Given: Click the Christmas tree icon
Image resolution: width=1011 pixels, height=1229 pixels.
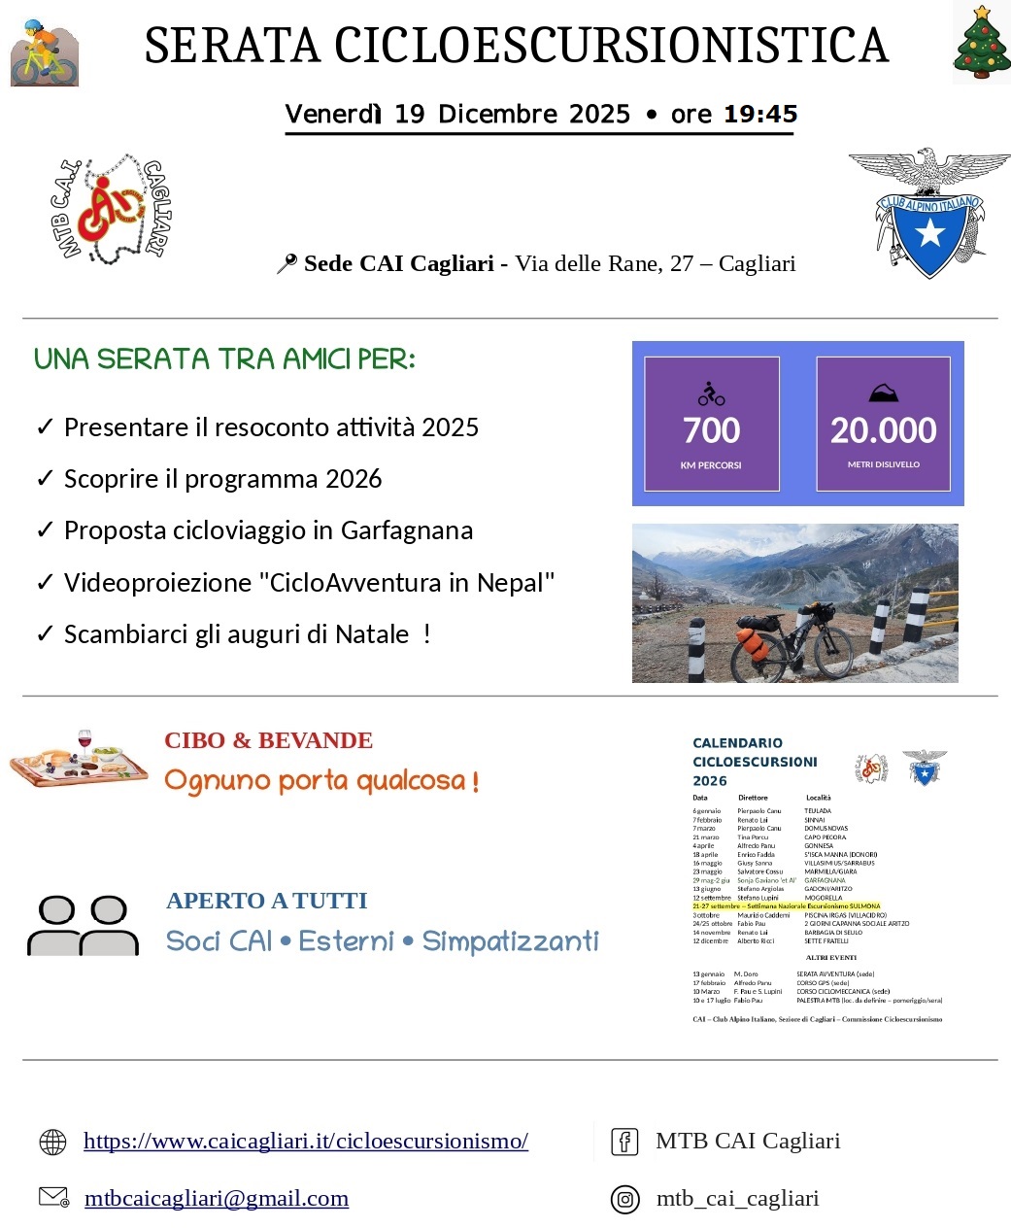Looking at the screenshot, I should (x=982, y=43).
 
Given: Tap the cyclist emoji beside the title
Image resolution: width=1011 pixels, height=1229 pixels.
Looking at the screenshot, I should (x=44, y=52).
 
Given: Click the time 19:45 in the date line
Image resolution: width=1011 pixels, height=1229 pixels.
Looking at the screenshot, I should (x=760, y=114).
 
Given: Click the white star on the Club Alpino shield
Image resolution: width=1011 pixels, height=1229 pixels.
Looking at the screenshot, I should (x=929, y=232).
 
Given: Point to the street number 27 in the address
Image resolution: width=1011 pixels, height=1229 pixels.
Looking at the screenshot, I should (x=682, y=263).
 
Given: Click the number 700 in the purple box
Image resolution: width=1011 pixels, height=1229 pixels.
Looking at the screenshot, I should (x=711, y=430).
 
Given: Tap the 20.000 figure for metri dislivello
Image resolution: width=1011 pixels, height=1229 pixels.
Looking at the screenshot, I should (x=883, y=430).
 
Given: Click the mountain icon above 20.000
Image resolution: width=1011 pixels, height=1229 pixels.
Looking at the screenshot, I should (x=883, y=393).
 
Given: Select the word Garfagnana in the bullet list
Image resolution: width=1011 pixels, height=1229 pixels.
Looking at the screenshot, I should (x=407, y=530).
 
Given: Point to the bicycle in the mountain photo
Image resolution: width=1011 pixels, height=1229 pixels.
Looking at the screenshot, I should (x=792, y=645).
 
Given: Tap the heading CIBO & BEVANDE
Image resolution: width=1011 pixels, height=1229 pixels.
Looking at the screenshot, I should (x=268, y=740).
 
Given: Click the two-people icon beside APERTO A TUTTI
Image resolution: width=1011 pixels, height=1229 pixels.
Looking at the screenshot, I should (x=84, y=926).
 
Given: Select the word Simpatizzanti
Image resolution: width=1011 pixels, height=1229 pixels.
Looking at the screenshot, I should (x=511, y=941).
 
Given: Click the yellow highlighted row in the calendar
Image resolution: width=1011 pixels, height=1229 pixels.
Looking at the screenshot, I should (x=787, y=905).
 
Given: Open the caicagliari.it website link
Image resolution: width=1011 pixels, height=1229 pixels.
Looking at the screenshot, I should (x=306, y=1141).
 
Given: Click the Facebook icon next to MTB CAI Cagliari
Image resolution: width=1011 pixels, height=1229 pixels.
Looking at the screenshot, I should (x=624, y=1142).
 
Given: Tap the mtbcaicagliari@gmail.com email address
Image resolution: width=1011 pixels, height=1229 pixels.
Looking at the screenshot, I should (x=217, y=1198).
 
